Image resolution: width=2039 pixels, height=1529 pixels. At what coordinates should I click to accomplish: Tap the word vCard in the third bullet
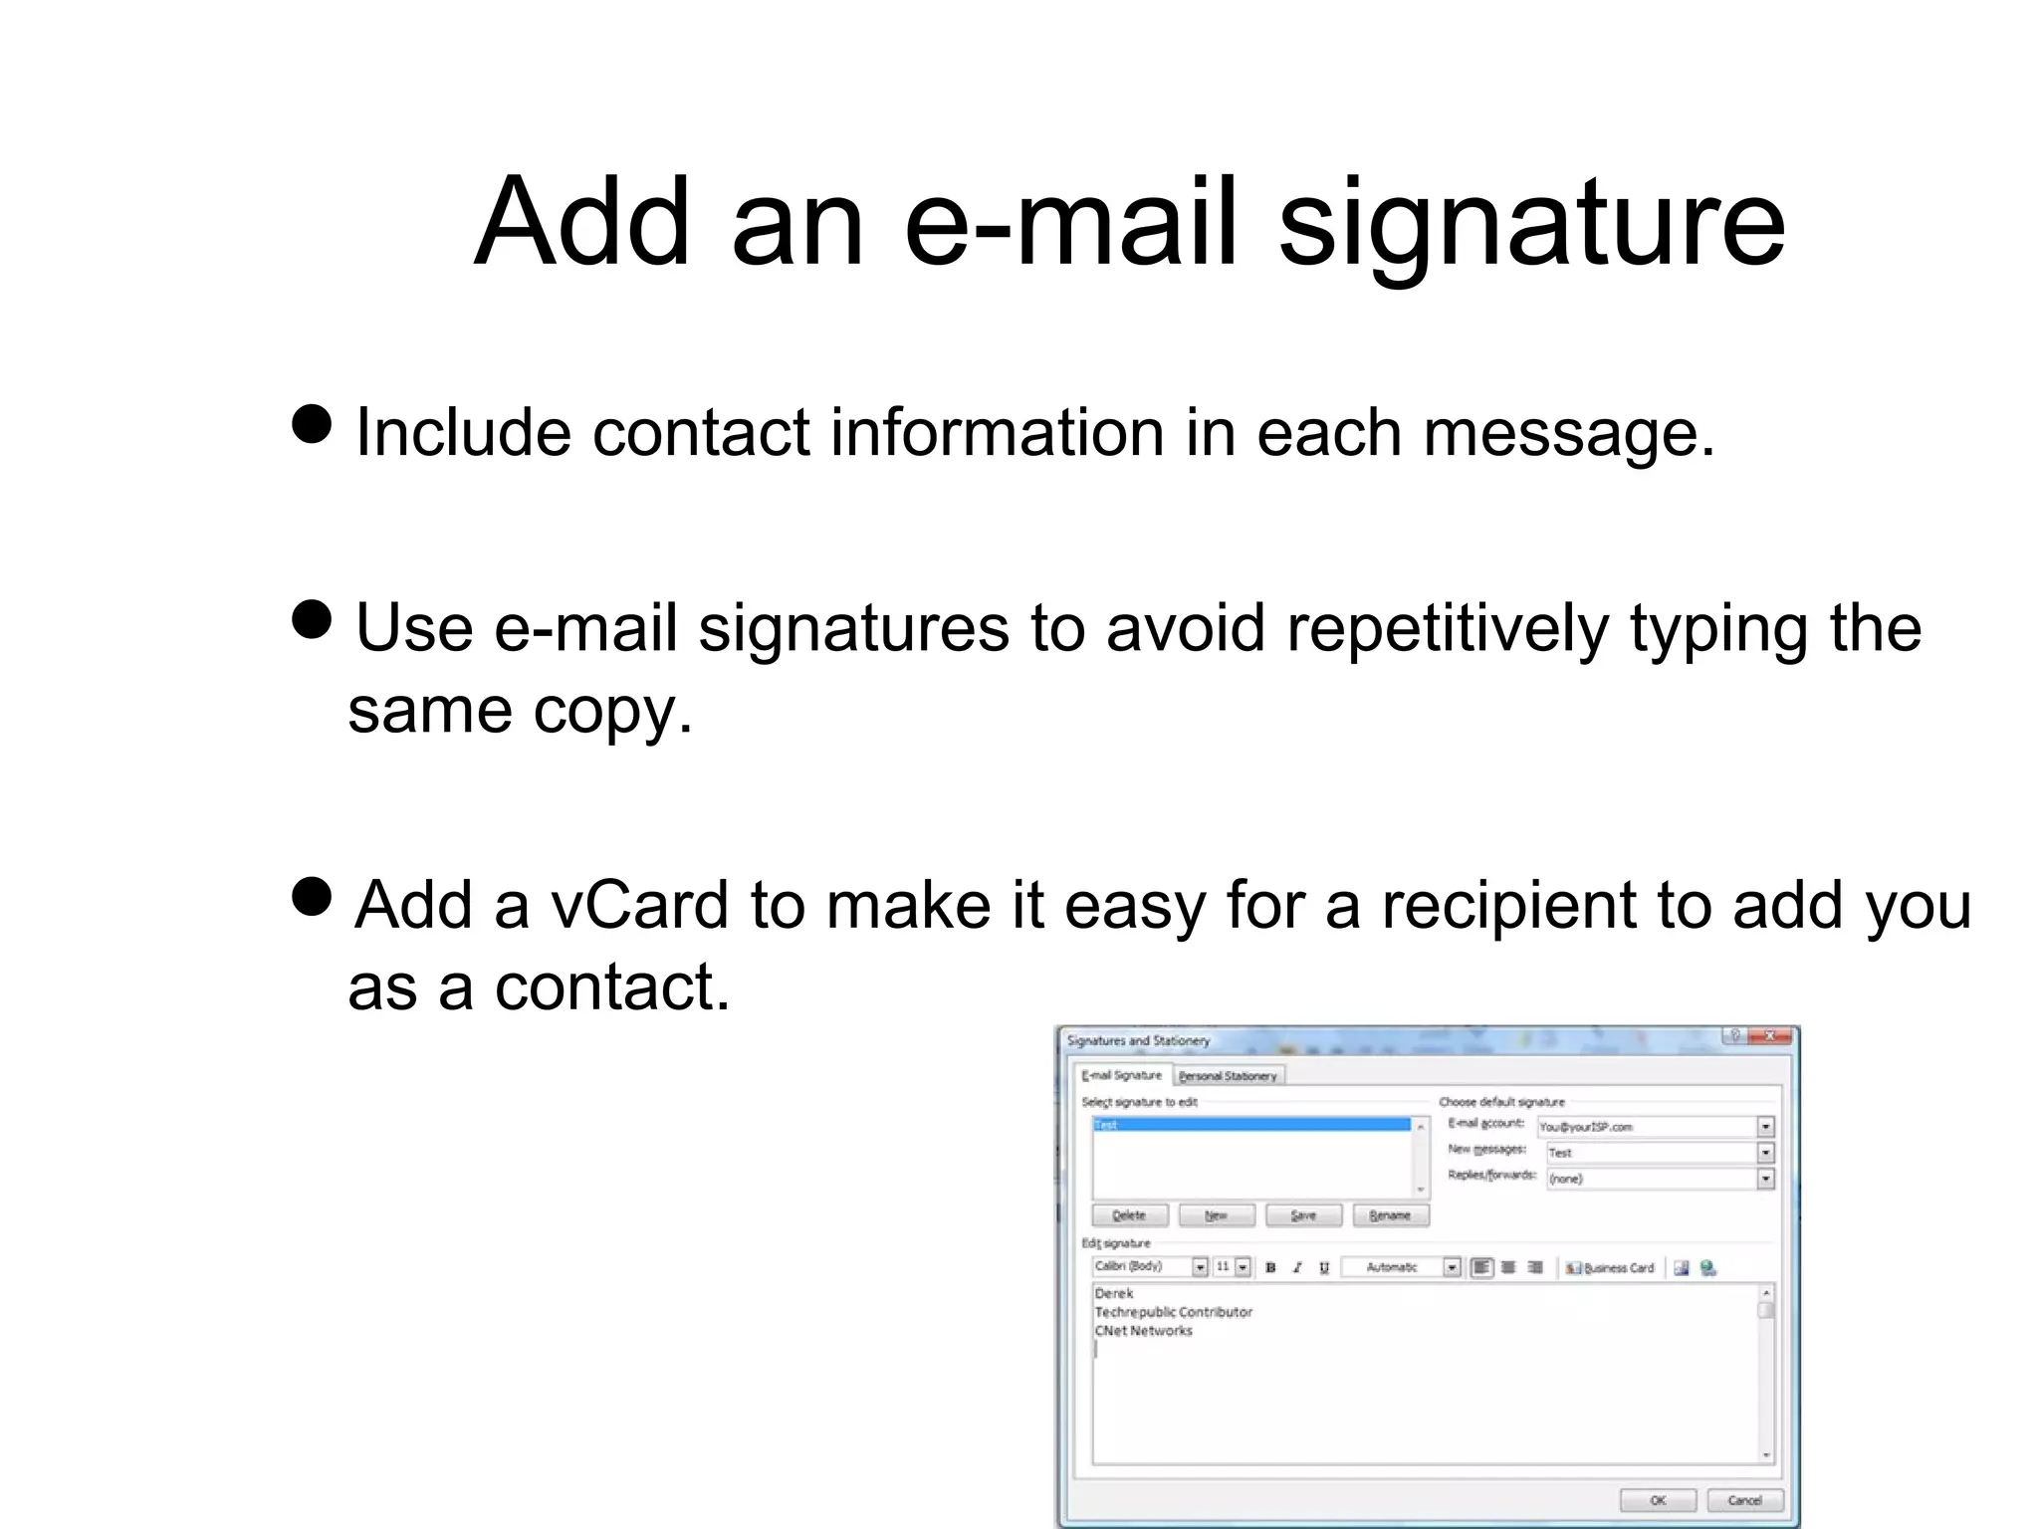(640, 905)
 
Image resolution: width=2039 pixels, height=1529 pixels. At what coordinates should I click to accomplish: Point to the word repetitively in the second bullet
(1447, 629)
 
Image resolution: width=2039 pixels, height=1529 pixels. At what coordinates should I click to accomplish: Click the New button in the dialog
(1216, 1215)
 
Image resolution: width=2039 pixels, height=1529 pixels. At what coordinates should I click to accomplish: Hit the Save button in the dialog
(1303, 1215)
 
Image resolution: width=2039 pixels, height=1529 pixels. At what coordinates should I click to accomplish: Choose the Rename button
(1390, 1215)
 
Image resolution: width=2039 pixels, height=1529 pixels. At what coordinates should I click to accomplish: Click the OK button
(1658, 1500)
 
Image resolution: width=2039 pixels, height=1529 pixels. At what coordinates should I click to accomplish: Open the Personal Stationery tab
(1228, 1076)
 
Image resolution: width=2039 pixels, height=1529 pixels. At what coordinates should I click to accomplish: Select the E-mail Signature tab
(1122, 1075)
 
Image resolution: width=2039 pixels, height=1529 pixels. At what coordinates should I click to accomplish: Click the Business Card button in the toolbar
(1610, 1268)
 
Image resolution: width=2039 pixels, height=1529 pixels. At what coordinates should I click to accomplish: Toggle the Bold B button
(1270, 1268)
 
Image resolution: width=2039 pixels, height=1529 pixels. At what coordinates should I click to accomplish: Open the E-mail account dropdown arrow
(1765, 1127)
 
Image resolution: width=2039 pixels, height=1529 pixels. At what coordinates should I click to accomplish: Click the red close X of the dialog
(1770, 1037)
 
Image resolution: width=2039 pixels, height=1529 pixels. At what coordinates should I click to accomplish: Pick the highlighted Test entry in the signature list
(1251, 1125)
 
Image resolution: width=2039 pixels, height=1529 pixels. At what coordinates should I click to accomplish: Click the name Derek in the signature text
(1114, 1293)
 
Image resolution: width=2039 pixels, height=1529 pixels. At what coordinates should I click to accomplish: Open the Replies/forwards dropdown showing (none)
(1765, 1179)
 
